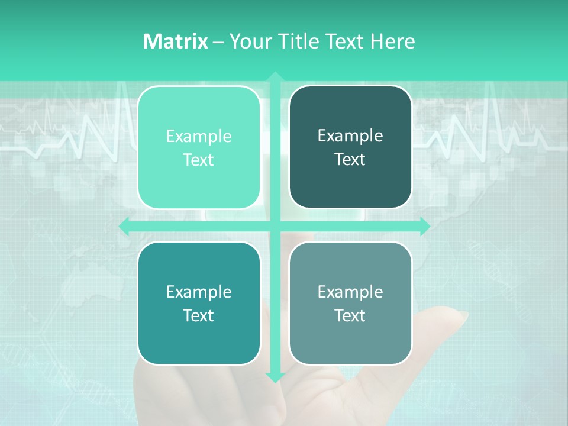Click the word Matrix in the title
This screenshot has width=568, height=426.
pos(175,41)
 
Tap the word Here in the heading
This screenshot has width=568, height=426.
pos(392,41)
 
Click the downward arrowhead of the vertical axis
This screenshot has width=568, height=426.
pos(275,377)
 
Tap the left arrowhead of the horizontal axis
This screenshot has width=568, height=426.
pos(124,226)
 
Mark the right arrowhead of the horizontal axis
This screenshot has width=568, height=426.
pos(425,226)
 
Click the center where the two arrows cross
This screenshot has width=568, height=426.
pos(275,226)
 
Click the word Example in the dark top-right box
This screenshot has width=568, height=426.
pos(350,136)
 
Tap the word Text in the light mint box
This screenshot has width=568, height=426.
pos(199,160)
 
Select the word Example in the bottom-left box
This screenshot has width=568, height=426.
pos(199,292)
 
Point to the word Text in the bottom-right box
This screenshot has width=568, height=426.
pos(350,315)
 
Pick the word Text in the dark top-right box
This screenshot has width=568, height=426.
pos(350,160)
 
